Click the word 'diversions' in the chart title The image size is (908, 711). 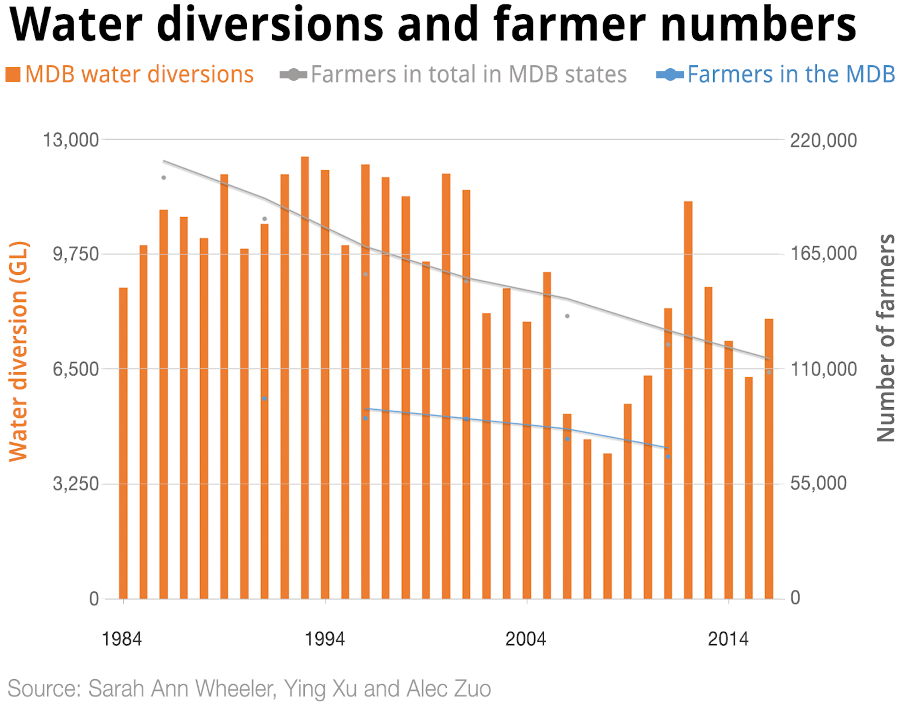point(269,25)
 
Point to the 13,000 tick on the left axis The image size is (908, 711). point(71,140)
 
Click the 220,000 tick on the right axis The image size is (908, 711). point(823,140)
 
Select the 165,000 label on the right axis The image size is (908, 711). point(823,253)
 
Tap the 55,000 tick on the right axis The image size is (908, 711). point(818,483)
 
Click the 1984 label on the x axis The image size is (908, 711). point(122,639)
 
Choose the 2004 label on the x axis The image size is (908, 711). point(525,639)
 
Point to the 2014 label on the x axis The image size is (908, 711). point(728,639)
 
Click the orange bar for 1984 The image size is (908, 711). point(123,443)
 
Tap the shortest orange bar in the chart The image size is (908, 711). point(607,526)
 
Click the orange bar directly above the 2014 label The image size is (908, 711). point(728,470)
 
